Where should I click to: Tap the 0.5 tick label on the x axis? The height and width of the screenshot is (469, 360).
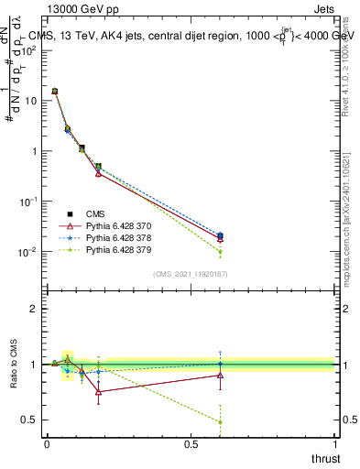[x=191, y=445]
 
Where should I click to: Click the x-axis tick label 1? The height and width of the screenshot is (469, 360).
[x=334, y=445]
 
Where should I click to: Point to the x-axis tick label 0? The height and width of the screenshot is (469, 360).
[x=47, y=445]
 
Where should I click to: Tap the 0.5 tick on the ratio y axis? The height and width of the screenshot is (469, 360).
[x=31, y=420]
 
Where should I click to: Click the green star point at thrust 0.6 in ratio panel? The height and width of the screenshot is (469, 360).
[x=220, y=421]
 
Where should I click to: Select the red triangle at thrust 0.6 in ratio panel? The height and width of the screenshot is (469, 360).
[x=220, y=375]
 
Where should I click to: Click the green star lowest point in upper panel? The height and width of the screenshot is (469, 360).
[x=220, y=252]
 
